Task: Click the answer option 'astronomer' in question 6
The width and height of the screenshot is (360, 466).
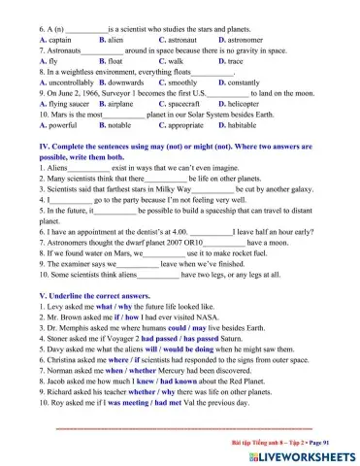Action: click(245, 39)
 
